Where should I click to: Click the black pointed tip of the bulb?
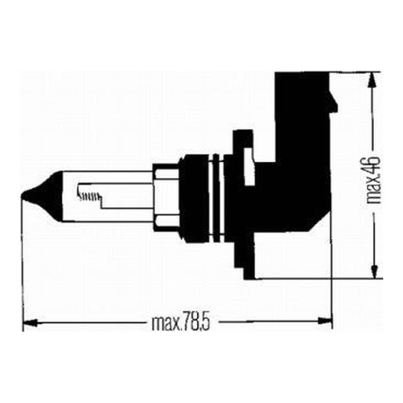28,195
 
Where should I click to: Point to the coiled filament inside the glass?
89,194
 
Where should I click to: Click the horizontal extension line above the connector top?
357,71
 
